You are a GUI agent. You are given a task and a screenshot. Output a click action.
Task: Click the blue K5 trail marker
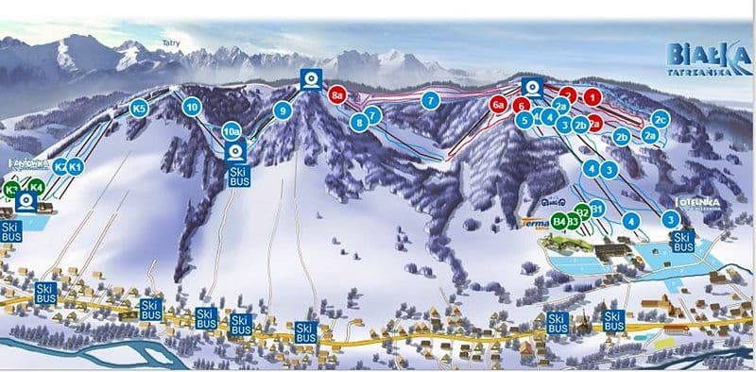(x=139, y=109)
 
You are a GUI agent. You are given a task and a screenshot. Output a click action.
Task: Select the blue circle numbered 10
(x=192, y=107)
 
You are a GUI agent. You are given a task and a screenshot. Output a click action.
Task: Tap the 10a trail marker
(x=232, y=131)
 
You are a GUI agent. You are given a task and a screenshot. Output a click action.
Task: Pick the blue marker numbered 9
(x=281, y=110)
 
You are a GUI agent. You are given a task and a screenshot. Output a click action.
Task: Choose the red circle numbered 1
(x=593, y=96)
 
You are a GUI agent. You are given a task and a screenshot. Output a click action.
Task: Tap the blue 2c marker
(x=661, y=119)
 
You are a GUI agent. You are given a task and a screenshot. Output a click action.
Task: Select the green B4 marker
(x=560, y=222)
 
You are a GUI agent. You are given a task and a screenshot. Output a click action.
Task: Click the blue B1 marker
(x=596, y=211)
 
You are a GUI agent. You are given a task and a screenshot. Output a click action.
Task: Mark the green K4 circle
(x=37, y=187)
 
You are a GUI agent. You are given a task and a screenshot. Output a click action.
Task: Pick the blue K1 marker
(x=77, y=167)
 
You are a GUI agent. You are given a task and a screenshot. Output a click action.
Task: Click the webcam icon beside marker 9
(x=310, y=79)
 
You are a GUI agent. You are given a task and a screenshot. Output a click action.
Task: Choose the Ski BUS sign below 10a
(x=237, y=176)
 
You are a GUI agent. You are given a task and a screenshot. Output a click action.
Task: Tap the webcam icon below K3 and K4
(x=26, y=200)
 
